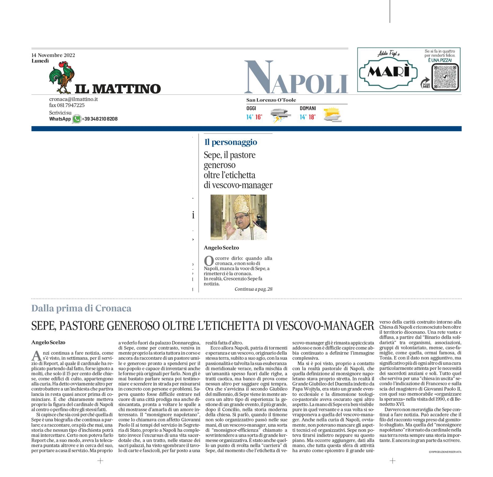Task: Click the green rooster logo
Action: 61,77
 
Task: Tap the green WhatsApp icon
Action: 77,119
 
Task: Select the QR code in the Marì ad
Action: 445,77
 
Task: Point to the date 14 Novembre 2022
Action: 53,55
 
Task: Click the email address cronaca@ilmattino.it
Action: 73,99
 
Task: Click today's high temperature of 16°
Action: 259,117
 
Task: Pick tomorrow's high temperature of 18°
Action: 312,117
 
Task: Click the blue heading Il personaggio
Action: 231,142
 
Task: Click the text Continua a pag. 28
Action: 253,289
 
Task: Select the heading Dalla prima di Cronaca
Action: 81,308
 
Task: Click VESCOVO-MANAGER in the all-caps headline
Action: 325,326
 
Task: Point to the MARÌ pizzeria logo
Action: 388,72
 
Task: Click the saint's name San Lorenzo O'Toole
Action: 271,100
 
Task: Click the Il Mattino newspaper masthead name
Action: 118,89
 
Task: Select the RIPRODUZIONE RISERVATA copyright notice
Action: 445,452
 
